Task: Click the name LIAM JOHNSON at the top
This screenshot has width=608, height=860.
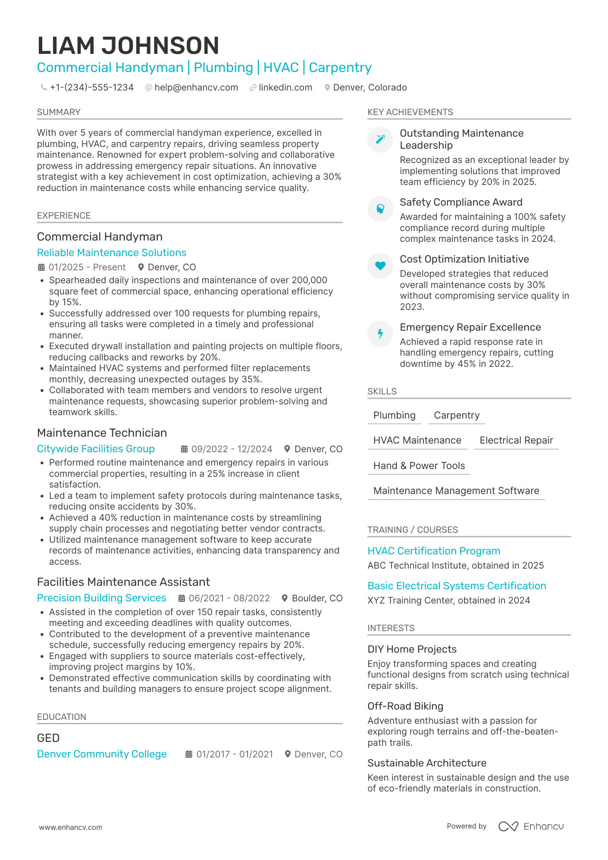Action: click(x=128, y=46)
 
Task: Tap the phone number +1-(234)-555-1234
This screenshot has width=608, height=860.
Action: click(x=91, y=88)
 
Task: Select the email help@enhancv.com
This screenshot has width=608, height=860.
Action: click(x=196, y=88)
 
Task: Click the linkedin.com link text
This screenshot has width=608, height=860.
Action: click(x=285, y=88)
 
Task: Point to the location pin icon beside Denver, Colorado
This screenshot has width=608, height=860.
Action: click(x=327, y=88)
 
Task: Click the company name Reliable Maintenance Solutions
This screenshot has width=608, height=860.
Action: click(x=111, y=253)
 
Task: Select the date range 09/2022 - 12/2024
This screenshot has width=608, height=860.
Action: click(x=232, y=449)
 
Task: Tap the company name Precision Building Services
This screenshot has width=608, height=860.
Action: click(x=101, y=598)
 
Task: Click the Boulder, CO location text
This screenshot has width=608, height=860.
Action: click(x=317, y=598)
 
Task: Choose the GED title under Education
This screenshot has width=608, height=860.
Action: click(x=48, y=738)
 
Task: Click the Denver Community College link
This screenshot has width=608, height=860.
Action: click(x=102, y=754)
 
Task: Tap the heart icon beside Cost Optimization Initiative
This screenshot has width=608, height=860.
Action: click(x=380, y=266)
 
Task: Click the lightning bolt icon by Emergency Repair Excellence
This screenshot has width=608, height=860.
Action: click(x=380, y=333)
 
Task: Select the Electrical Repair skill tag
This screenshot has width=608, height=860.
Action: click(x=516, y=440)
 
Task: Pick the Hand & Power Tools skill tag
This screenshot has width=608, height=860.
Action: click(x=419, y=466)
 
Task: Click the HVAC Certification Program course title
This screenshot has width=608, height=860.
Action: click(x=433, y=551)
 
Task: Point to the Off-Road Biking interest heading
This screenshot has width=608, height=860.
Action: click(x=405, y=706)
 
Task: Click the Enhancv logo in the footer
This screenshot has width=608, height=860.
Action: click(x=531, y=826)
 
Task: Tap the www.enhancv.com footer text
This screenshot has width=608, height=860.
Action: click(x=70, y=827)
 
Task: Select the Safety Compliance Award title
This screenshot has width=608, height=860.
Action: click(x=461, y=202)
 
